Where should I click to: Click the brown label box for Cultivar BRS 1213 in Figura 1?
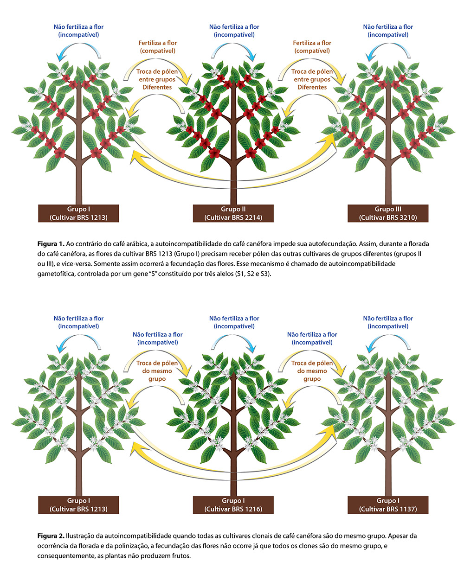coord(78,213)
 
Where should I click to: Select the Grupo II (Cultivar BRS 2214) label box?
coord(233,213)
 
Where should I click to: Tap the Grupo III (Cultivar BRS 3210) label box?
coord(388,213)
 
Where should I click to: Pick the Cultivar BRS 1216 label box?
coord(233,505)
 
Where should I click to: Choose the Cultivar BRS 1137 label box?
coord(388,505)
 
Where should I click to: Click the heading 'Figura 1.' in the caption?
coord(51,244)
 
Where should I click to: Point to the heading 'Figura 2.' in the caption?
coord(51,536)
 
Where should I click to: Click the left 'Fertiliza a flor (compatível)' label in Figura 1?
coord(157,47)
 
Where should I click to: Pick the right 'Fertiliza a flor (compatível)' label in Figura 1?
coord(312,47)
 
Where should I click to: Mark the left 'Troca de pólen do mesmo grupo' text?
coord(157,371)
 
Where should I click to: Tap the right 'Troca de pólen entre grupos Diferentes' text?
coord(312,79)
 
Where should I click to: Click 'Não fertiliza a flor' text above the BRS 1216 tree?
coord(234,319)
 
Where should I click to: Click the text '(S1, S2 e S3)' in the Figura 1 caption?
coord(253,274)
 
